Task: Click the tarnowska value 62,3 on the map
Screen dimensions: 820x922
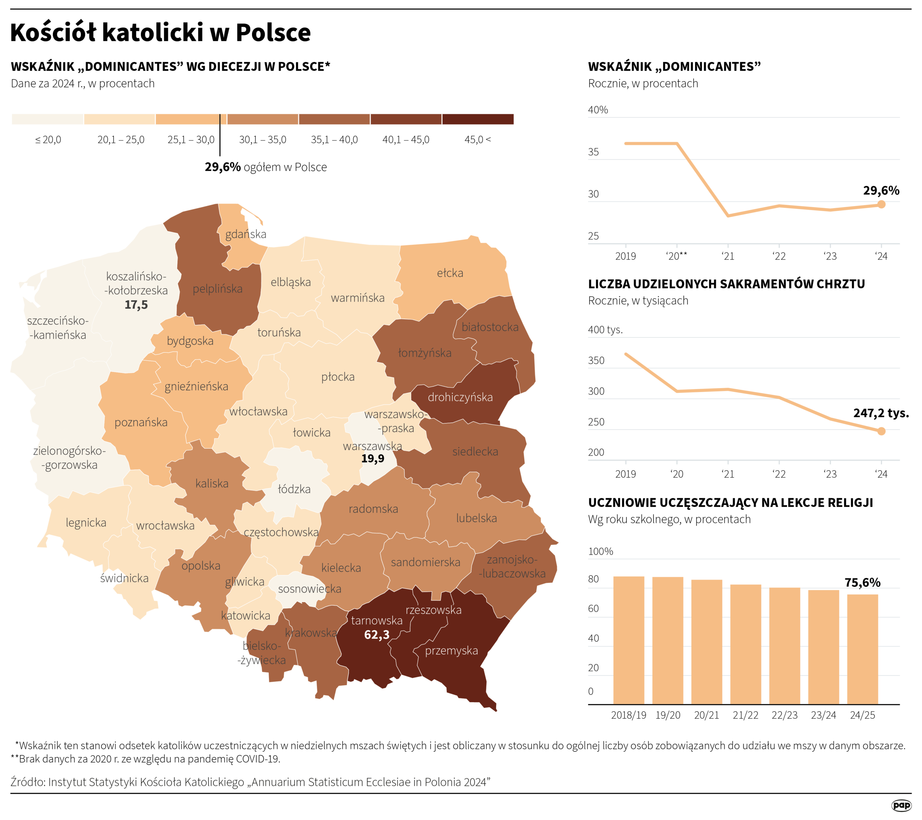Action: (x=376, y=634)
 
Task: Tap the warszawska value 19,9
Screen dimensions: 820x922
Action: (x=373, y=459)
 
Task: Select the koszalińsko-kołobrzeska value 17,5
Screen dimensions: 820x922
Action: (x=136, y=305)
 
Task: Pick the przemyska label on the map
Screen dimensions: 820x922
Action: (x=451, y=650)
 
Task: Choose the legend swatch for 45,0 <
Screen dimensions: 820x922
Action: (x=477, y=119)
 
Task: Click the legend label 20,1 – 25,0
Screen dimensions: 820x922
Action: (x=121, y=139)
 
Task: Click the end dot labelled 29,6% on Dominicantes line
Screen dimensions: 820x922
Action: (x=881, y=204)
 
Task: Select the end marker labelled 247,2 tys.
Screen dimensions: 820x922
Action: (x=881, y=431)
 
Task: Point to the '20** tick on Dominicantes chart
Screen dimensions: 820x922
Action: (x=676, y=256)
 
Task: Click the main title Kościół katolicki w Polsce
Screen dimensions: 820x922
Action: (x=160, y=32)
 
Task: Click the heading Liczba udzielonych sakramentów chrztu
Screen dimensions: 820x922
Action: (x=726, y=284)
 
